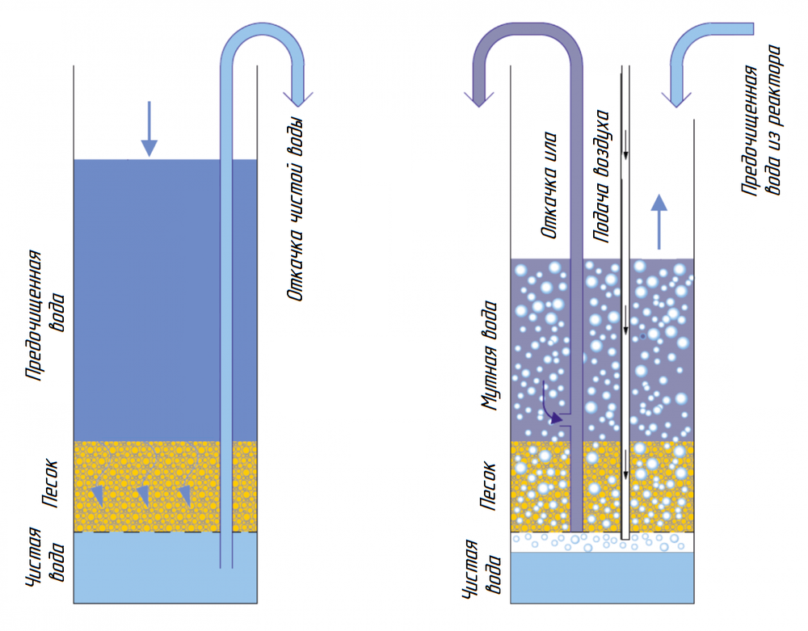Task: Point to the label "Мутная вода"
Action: click(x=490, y=355)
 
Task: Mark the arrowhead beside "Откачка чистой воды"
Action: click(x=297, y=97)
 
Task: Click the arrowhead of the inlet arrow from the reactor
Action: click(x=677, y=99)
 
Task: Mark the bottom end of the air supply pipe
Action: click(x=625, y=536)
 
